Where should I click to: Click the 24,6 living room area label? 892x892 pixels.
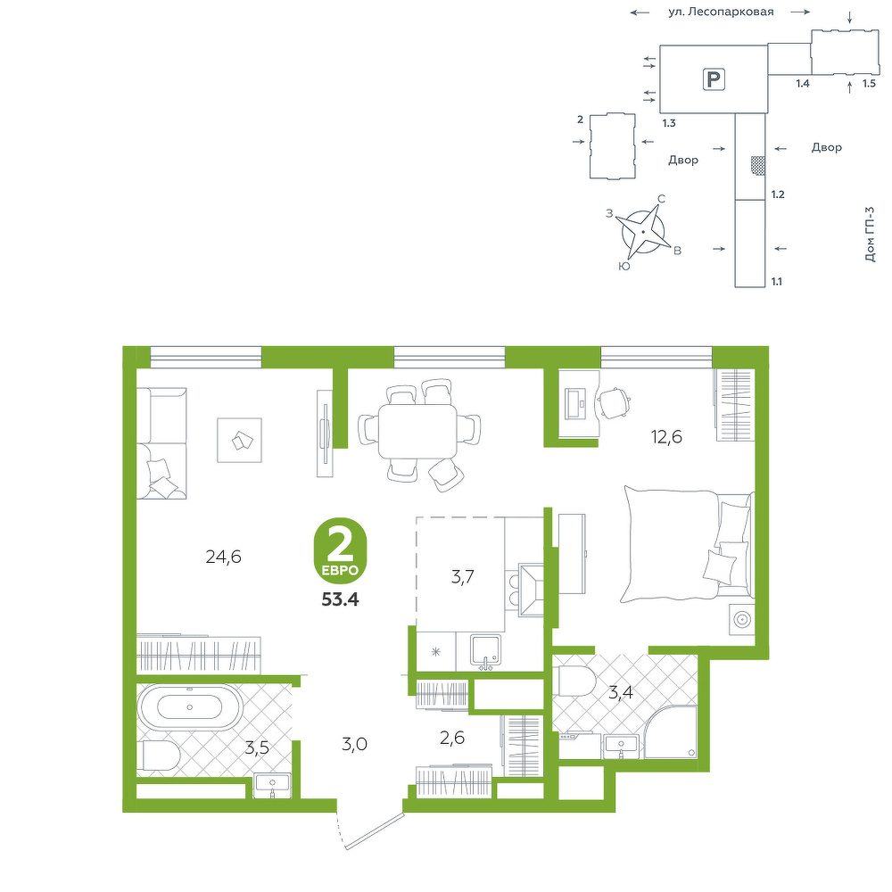[x=224, y=557]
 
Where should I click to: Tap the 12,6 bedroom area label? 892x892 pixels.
[x=666, y=437]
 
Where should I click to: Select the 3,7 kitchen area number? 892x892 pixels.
[x=462, y=577]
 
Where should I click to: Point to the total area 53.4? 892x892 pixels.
[x=340, y=599]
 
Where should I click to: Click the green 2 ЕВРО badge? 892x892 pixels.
[x=340, y=550]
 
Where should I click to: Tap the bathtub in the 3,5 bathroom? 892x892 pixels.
[x=189, y=707]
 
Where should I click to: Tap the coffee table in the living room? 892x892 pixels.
[x=239, y=440]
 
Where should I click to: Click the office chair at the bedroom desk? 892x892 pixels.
[x=614, y=403]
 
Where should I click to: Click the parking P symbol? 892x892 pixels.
[x=713, y=78]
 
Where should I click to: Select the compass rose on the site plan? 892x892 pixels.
[x=643, y=232]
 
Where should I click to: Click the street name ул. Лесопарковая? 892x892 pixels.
[x=721, y=12]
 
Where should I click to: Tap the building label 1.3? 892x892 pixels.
[x=669, y=122]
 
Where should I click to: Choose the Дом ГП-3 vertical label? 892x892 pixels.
[x=869, y=234]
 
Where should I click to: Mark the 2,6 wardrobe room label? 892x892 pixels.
[x=452, y=738]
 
